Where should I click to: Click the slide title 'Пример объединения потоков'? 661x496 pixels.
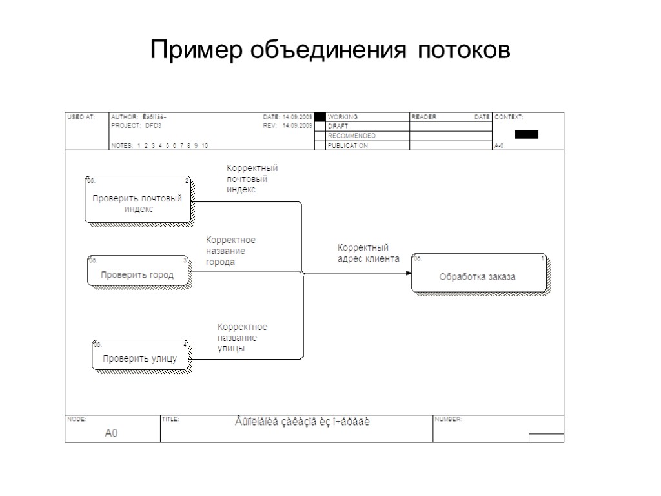click(330, 50)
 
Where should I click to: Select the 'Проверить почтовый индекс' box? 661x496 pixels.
click(138, 200)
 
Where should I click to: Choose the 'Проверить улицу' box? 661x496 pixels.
click(140, 356)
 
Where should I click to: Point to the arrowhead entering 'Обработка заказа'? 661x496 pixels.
click(408, 273)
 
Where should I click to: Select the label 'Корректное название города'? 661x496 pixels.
click(230, 251)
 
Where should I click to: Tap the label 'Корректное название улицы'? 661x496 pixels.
click(242, 338)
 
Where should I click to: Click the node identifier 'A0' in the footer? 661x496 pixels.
click(112, 433)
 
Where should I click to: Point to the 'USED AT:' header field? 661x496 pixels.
click(81, 117)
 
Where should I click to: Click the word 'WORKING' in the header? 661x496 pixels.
click(343, 117)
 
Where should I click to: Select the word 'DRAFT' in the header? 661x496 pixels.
click(338, 127)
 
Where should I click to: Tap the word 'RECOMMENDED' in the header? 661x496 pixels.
click(351, 136)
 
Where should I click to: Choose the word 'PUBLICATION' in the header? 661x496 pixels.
click(348, 146)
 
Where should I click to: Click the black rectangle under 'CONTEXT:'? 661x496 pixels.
click(526, 134)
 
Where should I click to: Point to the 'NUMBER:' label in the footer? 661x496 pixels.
click(448, 419)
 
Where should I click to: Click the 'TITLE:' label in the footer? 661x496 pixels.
click(170, 419)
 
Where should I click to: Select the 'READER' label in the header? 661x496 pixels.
click(424, 117)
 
